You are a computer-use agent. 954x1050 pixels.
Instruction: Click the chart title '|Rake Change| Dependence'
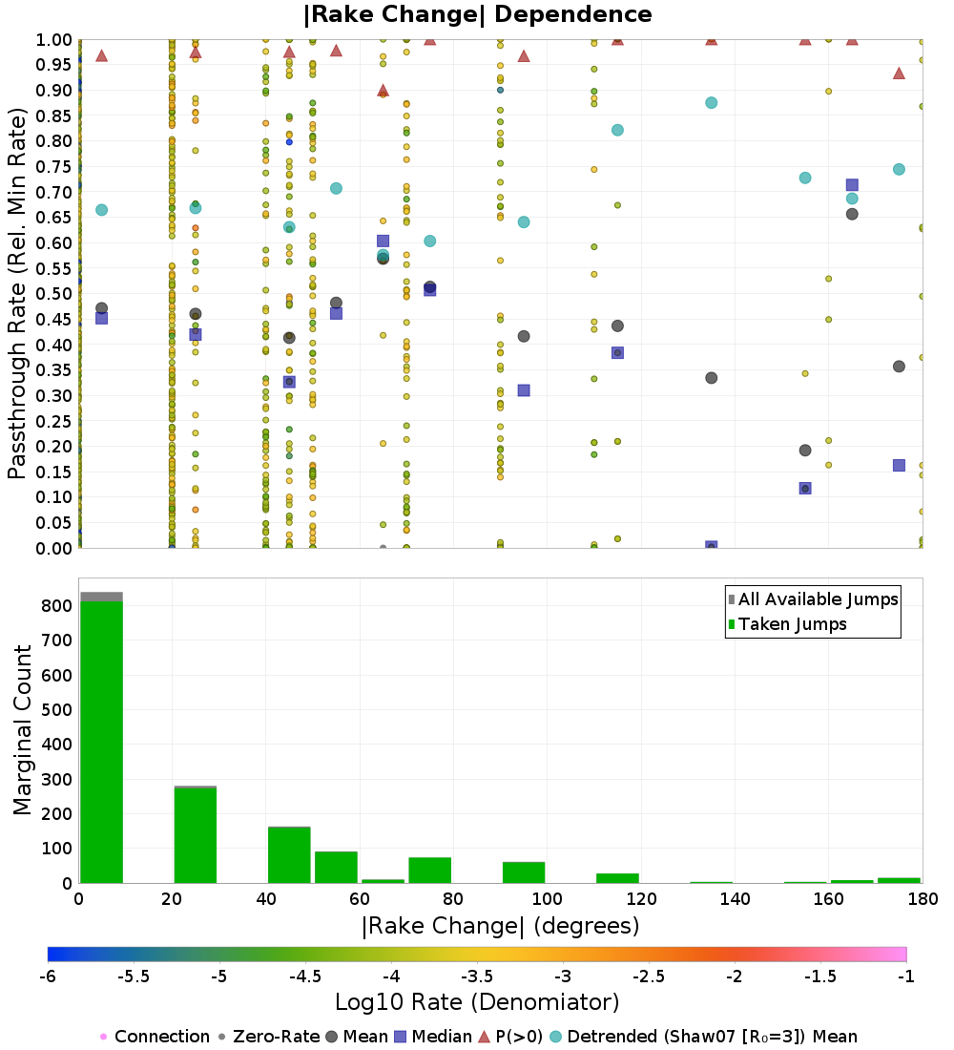tap(478, 14)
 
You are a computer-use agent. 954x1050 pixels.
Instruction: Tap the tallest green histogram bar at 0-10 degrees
tap(101, 741)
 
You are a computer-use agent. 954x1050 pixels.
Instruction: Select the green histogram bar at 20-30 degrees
tap(196, 834)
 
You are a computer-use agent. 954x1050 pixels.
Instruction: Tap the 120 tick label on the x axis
tap(641, 898)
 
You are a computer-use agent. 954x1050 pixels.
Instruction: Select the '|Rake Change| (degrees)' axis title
tap(500, 925)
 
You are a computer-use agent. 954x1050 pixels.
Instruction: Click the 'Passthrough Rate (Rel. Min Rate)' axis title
tap(17, 294)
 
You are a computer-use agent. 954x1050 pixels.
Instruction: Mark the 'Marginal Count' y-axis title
tap(23, 730)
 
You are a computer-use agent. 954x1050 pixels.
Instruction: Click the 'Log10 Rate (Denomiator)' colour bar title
tap(477, 1002)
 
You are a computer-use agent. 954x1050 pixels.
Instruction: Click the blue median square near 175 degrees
tap(899, 465)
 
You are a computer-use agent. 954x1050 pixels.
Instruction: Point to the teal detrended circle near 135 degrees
tap(711, 103)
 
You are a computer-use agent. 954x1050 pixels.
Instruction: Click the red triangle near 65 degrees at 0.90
tap(383, 91)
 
